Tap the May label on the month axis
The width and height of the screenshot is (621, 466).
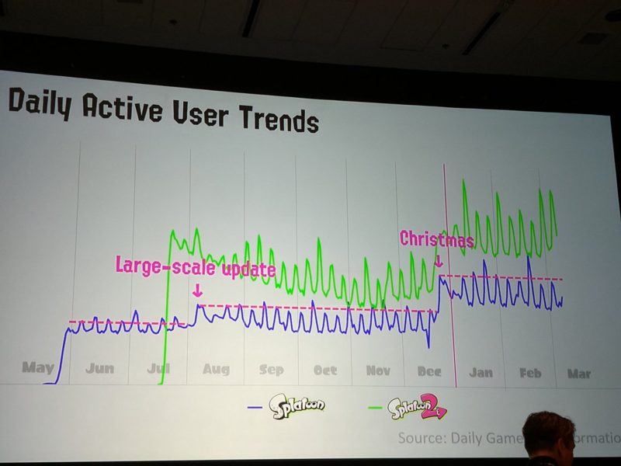coord(38,367)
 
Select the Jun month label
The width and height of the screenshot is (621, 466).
coord(99,369)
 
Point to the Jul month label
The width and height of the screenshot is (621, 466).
coord(158,369)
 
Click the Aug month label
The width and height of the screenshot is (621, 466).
coord(216,370)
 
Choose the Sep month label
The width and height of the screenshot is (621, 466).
coord(272,370)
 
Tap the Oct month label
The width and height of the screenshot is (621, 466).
coord(325,371)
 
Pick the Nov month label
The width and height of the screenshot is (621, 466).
coord(378,371)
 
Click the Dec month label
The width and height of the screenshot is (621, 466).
coord(429,372)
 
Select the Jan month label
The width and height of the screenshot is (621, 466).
coord(480,373)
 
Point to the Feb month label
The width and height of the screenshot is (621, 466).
coord(530,374)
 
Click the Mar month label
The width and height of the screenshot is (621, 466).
coord(578,374)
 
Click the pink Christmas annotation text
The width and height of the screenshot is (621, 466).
coord(436,239)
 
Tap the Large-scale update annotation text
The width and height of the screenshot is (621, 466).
coord(195,266)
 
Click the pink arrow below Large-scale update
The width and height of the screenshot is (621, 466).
coord(197,290)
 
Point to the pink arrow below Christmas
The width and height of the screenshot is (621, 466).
coord(439,262)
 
